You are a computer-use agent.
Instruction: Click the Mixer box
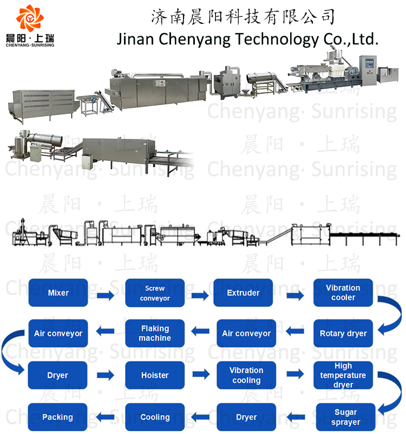[58, 293]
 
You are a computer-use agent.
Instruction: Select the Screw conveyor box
[155, 293]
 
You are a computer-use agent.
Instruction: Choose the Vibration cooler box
[343, 293]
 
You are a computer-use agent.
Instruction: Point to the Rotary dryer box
[343, 334]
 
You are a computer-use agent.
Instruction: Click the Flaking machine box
[155, 334]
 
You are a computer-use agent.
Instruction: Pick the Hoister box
[155, 375]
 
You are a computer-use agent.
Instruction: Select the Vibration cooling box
[246, 375]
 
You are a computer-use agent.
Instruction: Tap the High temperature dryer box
[343, 375]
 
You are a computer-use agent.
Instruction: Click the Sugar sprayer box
[346, 417]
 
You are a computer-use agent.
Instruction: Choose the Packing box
[58, 417]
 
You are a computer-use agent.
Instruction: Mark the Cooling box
[155, 417]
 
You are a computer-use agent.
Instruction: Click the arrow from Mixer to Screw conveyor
[106, 295]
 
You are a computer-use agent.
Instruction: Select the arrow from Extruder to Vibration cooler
[295, 295]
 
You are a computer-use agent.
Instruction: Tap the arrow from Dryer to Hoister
[106, 375]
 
